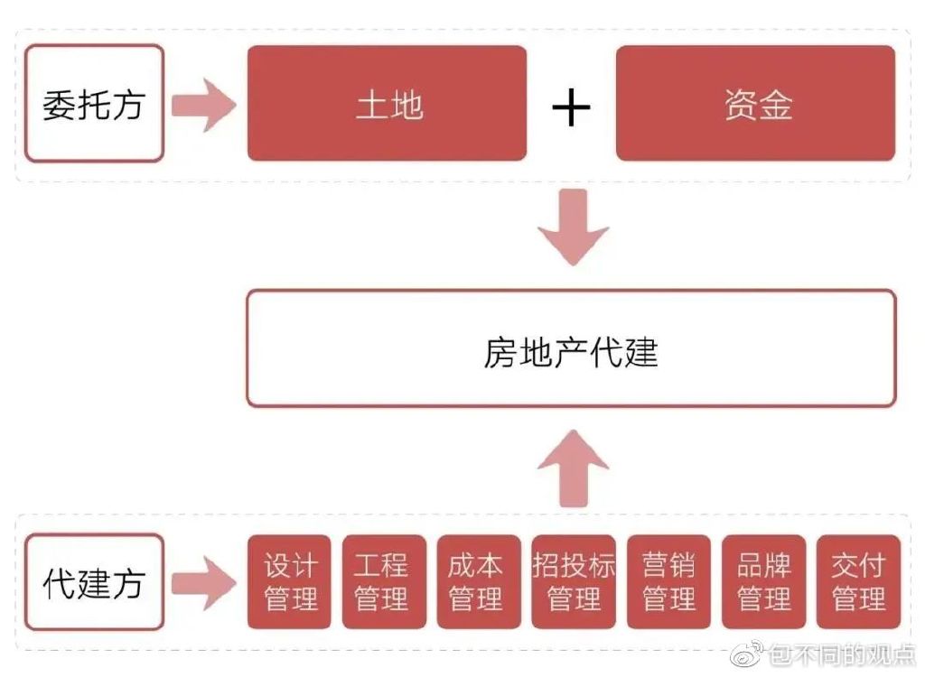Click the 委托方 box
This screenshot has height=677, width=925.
coord(94,103)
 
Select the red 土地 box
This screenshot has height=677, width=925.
coord(387,103)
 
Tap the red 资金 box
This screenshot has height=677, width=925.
coord(756,103)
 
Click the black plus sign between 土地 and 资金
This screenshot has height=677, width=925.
coord(571,107)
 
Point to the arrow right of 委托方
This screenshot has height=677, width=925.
coord(204,106)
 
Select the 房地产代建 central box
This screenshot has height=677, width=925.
coord(572,348)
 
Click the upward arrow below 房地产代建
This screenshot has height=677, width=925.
coord(574,468)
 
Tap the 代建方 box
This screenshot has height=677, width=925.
coord(94,582)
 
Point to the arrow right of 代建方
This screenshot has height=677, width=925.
coord(204,583)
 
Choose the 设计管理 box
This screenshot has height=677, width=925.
coord(290,582)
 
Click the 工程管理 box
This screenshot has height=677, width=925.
coord(384,582)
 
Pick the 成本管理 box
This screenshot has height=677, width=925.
coord(479,582)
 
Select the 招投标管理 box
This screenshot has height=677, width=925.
coord(574,582)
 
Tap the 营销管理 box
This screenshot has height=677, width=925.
coord(669,582)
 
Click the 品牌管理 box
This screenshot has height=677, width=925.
coord(764,582)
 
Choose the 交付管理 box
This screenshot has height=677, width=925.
coord(859,582)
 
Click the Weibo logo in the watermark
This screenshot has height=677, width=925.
coord(747,654)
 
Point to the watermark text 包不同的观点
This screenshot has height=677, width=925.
coord(844,654)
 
